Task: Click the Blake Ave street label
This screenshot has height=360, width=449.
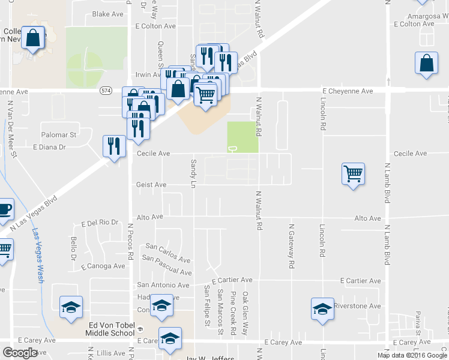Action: (107, 14)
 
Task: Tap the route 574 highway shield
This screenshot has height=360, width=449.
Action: (106, 91)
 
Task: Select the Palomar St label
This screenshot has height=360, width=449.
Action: (58, 135)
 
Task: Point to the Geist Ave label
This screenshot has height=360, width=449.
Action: (151, 185)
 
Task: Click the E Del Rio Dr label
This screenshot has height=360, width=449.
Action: (100, 223)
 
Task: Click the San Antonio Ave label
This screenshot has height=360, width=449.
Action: (163, 285)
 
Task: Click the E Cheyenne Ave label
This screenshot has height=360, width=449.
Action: (348, 91)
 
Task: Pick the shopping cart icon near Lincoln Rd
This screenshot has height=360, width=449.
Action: (353, 174)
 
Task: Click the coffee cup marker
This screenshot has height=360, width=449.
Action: (4, 209)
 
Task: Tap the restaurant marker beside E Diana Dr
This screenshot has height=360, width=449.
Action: (113, 146)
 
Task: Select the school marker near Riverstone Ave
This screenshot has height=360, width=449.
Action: (322, 309)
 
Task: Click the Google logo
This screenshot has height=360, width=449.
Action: (20, 353)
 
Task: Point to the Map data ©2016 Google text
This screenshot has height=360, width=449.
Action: (411, 355)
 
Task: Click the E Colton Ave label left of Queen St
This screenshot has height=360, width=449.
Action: (155, 26)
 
